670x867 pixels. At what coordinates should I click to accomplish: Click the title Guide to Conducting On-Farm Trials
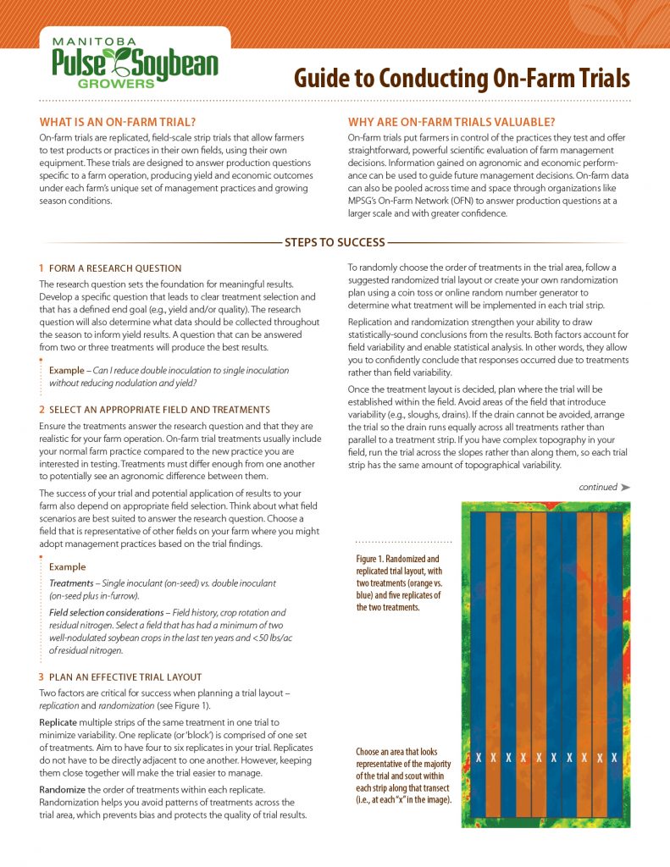tap(462, 78)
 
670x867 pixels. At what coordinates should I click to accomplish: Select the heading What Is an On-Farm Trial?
tap(118, 121)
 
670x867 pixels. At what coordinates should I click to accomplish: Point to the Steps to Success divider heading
tap(335, 242)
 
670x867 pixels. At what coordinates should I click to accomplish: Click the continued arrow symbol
tap(625, 488)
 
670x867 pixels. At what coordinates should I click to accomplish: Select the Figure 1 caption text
tap(397, 583)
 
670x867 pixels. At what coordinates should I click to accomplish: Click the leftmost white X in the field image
tap(479, 757)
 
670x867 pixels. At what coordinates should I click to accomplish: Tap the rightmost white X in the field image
tap(614, 757)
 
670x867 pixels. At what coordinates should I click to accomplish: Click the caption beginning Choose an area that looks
tap(403, 775)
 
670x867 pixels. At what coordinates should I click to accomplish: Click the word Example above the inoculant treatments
tap(67, 566)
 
